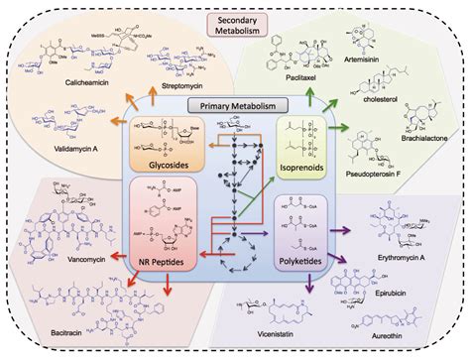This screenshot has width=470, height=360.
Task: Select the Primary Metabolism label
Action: pyautogui.click(x=235, y=105)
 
